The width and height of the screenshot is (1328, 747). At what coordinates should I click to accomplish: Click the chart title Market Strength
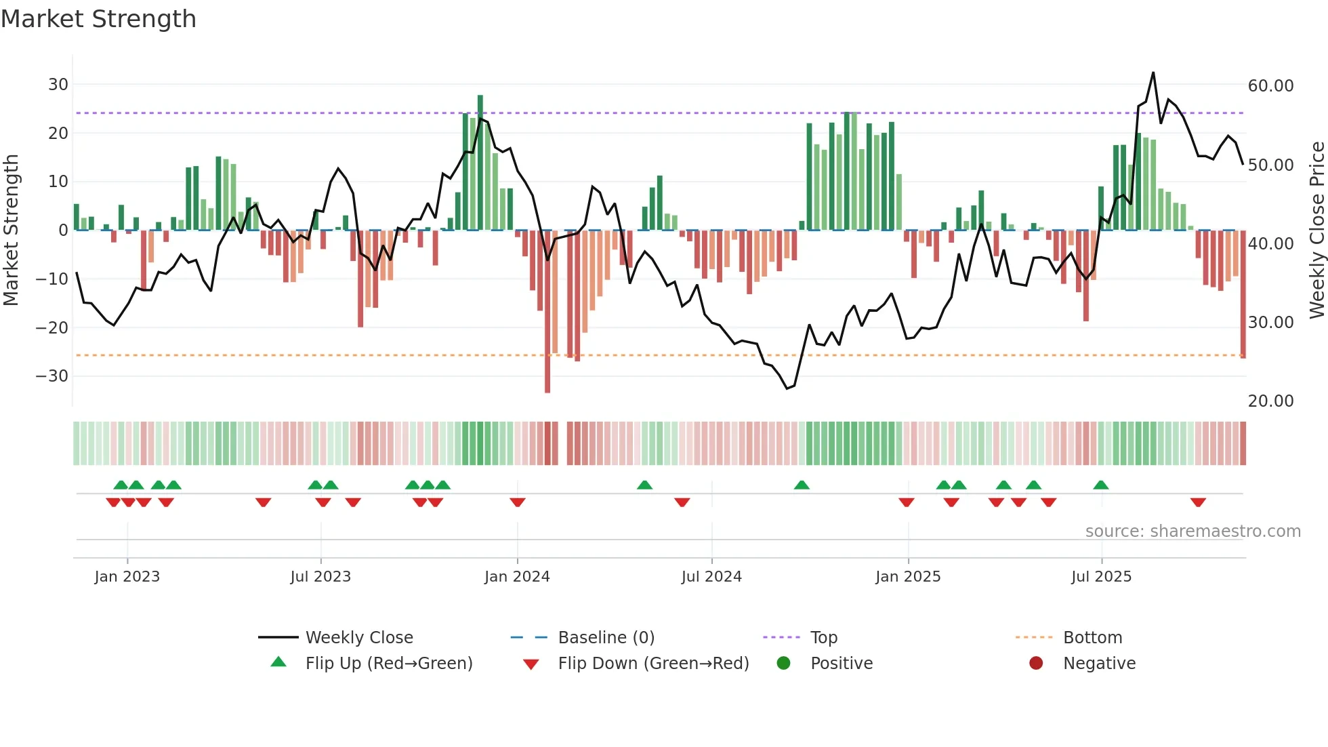(98, 19)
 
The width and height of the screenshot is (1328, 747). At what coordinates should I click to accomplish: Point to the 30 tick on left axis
(58, 85)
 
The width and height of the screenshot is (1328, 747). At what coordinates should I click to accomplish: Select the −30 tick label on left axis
(52, 376)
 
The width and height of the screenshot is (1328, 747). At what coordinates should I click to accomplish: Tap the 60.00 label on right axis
(1270, 86)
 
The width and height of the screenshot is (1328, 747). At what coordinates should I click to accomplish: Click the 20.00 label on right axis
(1270, 401)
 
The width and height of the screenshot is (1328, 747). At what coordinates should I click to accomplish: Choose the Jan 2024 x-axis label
(517, 577)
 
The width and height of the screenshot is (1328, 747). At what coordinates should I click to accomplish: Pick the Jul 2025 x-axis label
(1101, 577)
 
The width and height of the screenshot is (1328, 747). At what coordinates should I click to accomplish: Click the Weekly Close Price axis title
(1316, 230)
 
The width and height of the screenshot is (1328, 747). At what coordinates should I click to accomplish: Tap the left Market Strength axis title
(11, 230)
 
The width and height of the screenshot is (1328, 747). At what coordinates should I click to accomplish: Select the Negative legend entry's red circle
(1036, 664)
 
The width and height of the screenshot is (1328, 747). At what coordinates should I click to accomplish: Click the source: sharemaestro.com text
(1192, 531)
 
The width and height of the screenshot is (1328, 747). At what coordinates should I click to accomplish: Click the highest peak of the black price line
(1153, 73)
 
